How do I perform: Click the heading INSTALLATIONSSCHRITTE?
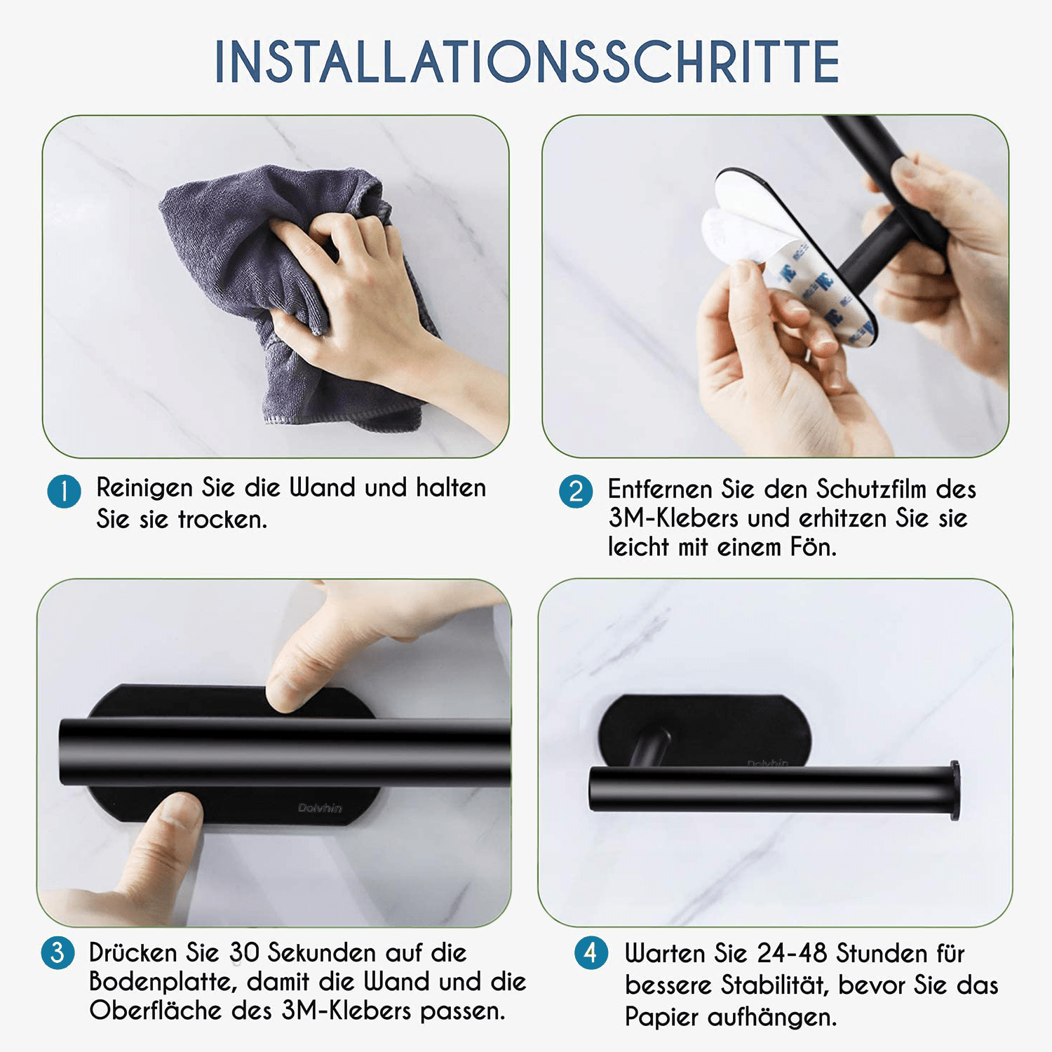[527, 62]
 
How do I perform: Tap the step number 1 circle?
[64, 492]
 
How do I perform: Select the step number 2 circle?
[576, 492]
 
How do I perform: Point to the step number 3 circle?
[58, 952]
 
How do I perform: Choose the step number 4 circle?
[591, 953]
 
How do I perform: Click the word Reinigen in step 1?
[144, 488]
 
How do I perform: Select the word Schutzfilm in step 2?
[871, 489]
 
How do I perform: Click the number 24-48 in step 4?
[793, 953]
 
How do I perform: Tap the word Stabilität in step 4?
[775, 985]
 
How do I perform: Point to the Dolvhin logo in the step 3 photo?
[320, 808]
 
